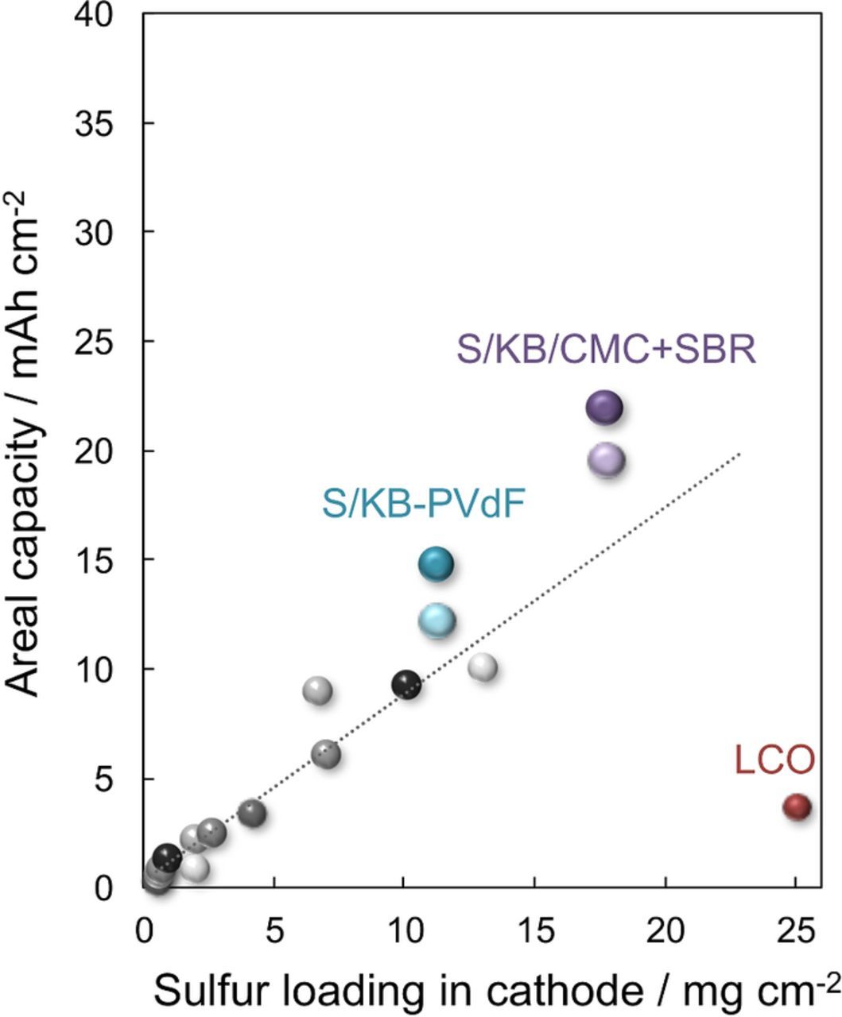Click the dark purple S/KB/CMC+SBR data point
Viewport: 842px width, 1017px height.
(x=604, y=408)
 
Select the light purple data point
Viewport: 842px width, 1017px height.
(x=606, y=460)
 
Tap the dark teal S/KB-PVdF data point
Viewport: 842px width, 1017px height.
(x=435, y=564)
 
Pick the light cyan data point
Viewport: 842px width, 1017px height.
(x=437, y=621)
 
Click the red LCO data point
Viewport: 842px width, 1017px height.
(x=796, y=807)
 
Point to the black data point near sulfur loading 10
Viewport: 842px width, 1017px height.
(x=406, y=683)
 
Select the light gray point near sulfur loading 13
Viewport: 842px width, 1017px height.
(x=483, y=667)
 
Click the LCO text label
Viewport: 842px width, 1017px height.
(x=774, y=760)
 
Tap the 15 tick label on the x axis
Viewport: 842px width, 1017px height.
(x=534, y=927)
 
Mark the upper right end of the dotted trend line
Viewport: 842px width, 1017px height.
(x=740, y=454)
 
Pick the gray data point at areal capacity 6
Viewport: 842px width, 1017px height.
(x=325, y=753)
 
